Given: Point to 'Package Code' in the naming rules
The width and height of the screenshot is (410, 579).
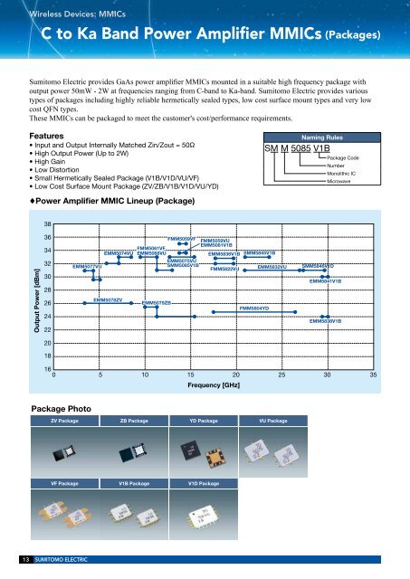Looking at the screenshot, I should click(348, 158).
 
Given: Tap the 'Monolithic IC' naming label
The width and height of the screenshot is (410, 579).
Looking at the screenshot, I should click(347, 174).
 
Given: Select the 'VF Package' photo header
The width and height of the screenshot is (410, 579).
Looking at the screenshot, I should click(65, 484).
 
